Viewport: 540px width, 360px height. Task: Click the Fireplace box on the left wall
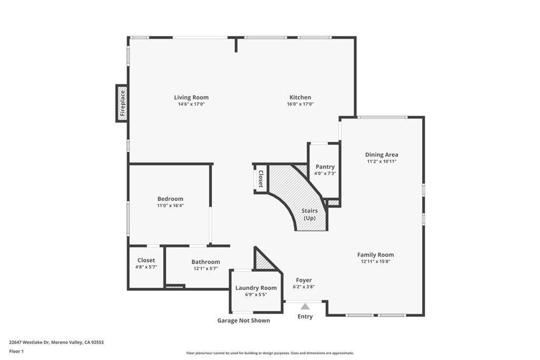coord(122,103)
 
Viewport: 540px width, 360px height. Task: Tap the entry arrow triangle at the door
coord(305,306)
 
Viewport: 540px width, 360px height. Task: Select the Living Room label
coord(191,97)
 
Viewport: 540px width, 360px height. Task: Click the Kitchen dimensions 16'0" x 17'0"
coord(300,104)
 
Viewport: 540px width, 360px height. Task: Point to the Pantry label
coord(325,167)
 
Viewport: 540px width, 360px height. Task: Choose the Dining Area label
coord(381,154)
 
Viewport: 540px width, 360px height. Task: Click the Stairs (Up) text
coord(310,214)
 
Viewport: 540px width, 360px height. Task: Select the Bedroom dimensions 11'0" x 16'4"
coord(170,206)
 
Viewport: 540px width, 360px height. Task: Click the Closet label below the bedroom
coord(146,260)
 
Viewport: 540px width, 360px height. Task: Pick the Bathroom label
coord(206,262)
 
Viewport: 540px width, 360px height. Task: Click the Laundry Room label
coord(256,288)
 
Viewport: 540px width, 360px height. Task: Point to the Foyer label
coord(304,280)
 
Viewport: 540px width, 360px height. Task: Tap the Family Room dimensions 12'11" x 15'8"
coord(375,261)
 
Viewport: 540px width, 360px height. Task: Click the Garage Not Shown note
coord(244,320)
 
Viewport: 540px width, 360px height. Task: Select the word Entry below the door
coord(305,317)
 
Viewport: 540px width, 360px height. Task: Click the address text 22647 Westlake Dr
coord(56,342)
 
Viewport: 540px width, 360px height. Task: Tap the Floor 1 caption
coord(17,351)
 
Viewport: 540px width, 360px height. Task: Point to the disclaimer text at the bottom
coord(269,353)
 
